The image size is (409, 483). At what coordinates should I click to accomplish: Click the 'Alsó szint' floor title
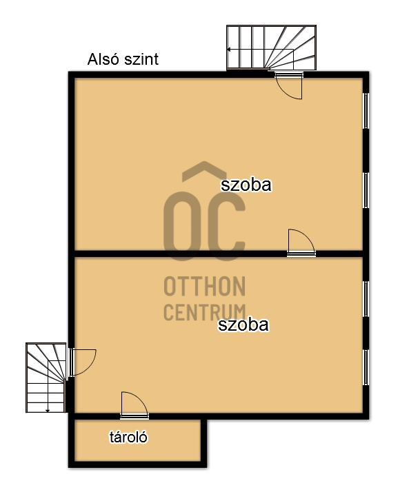point(123,59)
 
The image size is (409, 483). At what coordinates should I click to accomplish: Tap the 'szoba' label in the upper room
point(246,185)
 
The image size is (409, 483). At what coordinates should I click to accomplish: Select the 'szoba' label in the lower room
point(243,325)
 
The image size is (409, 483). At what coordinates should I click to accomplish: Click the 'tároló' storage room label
point(129,437)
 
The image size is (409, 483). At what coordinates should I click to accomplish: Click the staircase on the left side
point(46,378)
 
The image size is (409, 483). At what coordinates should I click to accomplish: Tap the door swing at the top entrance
point(288,84)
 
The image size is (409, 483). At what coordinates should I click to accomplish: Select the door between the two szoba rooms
point(301,243)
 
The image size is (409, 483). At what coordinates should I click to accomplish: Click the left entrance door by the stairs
point(81,361)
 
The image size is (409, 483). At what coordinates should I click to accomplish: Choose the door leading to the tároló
point(134,405)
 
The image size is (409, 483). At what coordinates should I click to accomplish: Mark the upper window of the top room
point(366,110)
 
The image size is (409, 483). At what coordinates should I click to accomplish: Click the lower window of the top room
point(366,189)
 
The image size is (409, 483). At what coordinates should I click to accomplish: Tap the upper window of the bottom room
point(366,298)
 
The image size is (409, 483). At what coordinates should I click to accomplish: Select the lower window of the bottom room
point(366,367)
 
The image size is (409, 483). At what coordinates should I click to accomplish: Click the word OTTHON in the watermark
point(204,286)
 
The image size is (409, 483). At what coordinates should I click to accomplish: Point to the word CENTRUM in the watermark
point(204,311)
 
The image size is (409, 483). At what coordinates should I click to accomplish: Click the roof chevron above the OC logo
point(205,172)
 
